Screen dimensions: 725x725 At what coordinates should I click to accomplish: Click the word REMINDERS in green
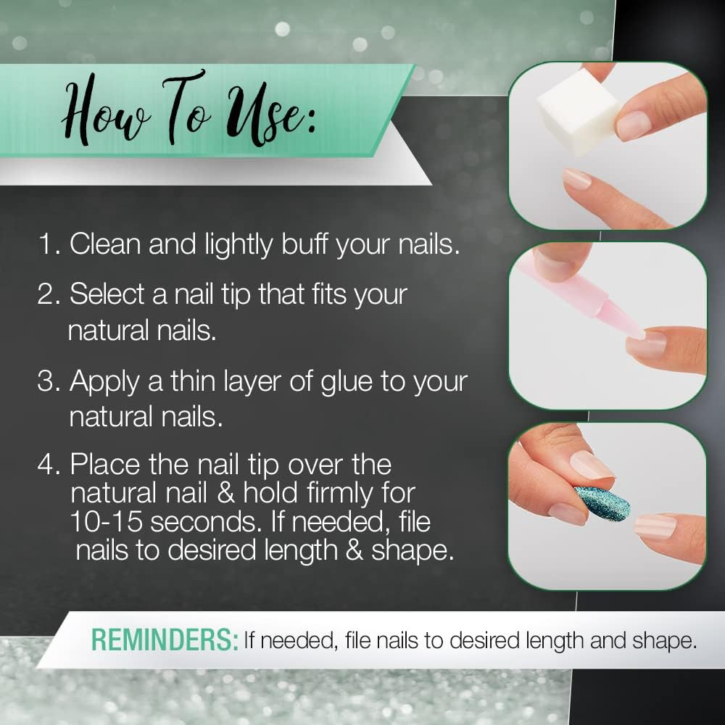pyautogui.click(x=165, y=640)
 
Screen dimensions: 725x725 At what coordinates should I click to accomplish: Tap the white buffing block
pyautogui.click(x=579, y=115)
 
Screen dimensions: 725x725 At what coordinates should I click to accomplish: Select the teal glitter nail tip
pyautogui.click(x=602, y=503)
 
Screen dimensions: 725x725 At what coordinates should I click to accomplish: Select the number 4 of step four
pyautogui.click(x=46, y=464)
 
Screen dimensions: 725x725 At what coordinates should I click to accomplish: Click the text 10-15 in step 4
pyautogui.click(x=107, y=522)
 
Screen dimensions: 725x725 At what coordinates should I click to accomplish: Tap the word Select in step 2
pyautogui.click(x=107, y=294)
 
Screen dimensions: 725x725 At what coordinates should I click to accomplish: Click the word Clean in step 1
pyautogui.click(x=105, y=244)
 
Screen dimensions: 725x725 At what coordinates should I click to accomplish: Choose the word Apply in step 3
pyautogui.click(x=104, y=383)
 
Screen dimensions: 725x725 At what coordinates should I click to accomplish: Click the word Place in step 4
pyautogui.click(x=105, y=464)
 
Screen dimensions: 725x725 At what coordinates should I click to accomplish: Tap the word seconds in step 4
pyautogui.click(x=204, y=523)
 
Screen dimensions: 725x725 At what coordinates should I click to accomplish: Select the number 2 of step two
pyautogui.click(x=46, y=294)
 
